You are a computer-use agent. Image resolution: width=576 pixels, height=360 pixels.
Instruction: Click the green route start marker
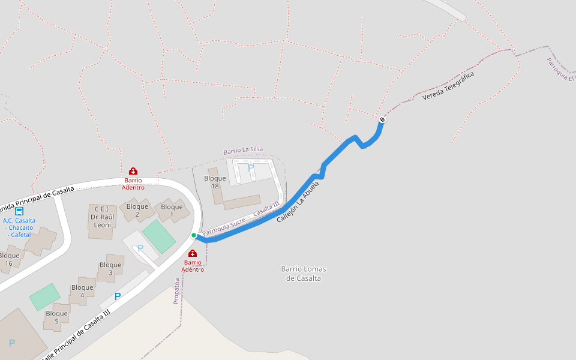(x=194, y=235)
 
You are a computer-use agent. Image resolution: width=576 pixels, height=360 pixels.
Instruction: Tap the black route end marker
(x=382, y=119)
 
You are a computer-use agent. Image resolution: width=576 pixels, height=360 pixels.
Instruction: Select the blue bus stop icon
(x=19, y=211)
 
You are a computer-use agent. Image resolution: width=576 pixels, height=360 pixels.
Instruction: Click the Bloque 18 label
(x=215, y=182)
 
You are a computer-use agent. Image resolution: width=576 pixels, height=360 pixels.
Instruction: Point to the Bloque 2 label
(x=137, y=211)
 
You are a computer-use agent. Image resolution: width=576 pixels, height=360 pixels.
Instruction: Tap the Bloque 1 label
(x=172, y=211)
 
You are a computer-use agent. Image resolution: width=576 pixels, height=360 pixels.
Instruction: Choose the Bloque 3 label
(x=110, y=268)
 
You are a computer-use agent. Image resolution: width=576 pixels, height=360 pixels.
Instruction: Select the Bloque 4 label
(x=82, y=291)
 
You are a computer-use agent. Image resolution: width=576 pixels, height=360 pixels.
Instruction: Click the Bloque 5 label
(x=56, y=317)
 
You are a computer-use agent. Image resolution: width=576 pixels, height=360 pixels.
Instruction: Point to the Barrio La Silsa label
(x=243, y=150)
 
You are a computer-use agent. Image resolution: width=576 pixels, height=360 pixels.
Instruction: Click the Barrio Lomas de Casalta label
(x=304, y=273)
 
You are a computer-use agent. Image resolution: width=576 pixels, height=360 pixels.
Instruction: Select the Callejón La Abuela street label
(x=297, y=200)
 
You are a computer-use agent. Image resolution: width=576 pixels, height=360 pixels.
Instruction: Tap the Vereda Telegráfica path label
(x=448, y=86)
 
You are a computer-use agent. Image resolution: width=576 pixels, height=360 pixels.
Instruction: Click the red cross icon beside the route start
(x=193, y=253)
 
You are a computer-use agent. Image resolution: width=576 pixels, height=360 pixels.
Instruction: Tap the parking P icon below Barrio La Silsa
(x=250, y=167)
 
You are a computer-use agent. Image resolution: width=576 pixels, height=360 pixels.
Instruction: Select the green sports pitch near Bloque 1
(x=159, y=236)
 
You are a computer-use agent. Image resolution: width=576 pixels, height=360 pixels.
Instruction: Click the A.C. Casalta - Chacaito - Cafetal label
(x=19, y=227)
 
